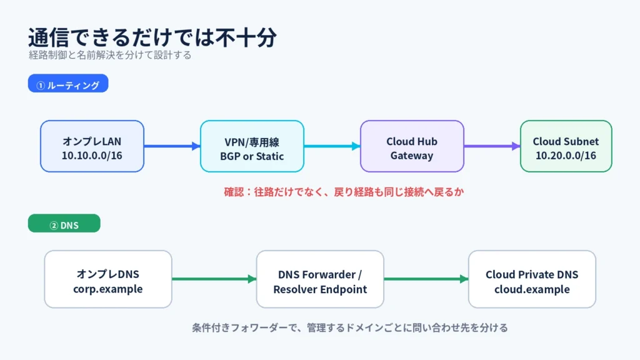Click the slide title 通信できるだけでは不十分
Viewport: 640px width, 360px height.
point(152,37)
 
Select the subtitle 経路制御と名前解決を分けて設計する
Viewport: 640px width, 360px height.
point(110,55)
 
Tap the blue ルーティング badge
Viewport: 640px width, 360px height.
point(68,83)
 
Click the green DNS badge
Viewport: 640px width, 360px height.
point(64,223)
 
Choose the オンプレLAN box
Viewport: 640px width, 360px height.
point(92,146)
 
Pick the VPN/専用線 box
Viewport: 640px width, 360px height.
point(252,146)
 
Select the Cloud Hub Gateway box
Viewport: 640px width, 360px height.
point(412,146)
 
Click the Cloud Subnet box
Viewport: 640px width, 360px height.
point(566,146)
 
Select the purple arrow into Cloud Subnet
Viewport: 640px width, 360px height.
point(492,146)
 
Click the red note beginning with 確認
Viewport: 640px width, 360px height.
point(344,192)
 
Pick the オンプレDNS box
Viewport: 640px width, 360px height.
point(108,279)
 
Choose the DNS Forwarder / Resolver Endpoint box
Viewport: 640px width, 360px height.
point(320,279)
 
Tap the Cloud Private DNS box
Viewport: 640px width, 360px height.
point(532,279)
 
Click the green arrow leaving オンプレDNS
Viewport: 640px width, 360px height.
point(214,279)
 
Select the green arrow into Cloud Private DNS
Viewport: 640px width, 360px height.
point(426,279)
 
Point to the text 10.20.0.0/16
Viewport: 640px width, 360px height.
point(566,156)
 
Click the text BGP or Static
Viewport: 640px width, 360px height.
point(252,156)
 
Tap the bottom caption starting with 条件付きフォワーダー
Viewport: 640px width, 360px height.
point(350,327)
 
